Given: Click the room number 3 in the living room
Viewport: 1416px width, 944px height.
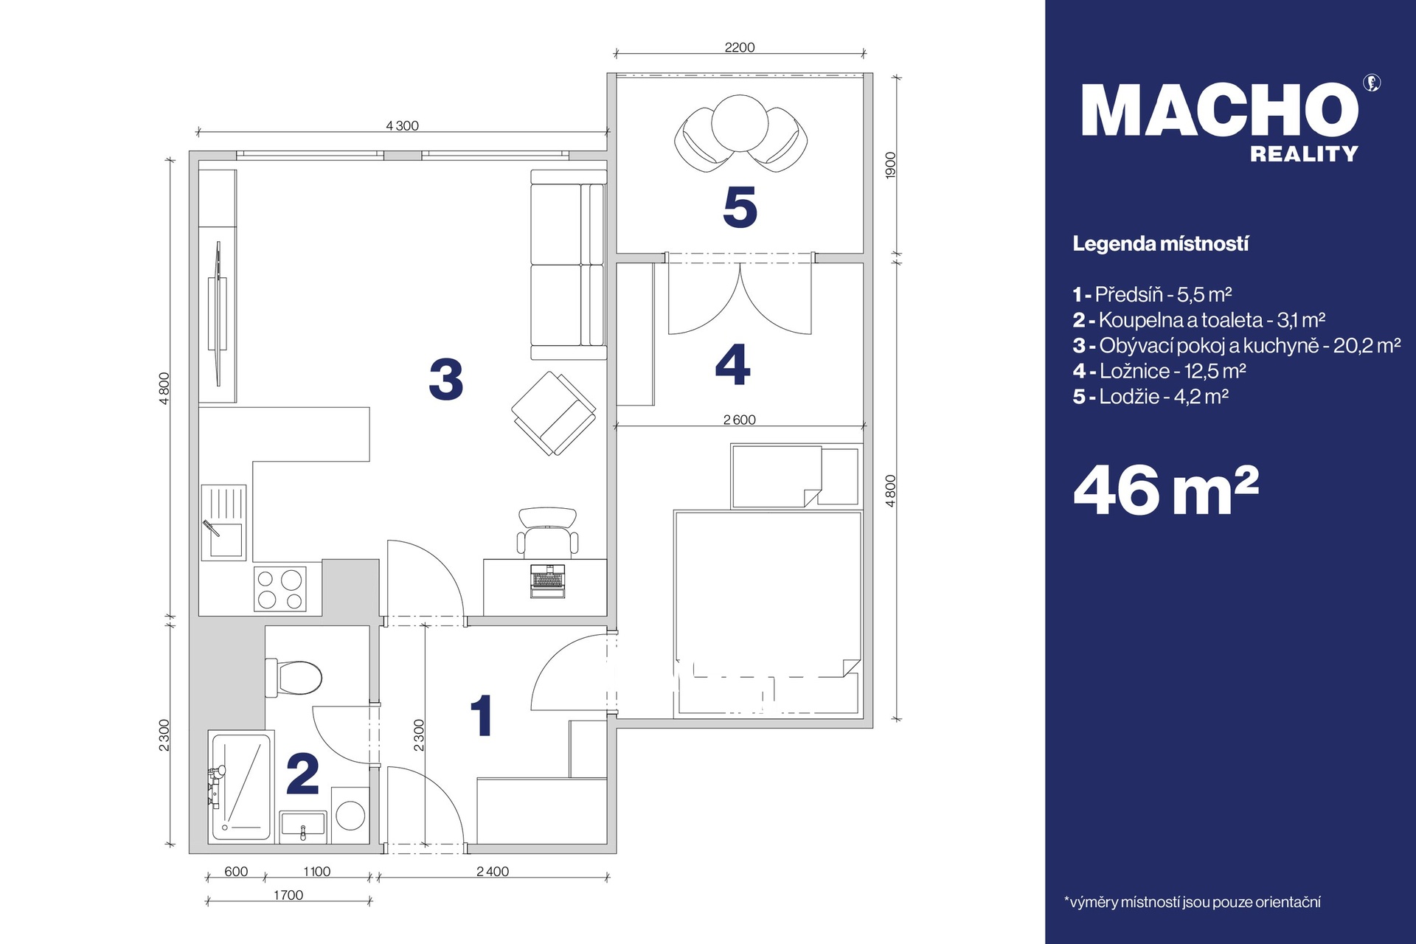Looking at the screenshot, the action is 446,380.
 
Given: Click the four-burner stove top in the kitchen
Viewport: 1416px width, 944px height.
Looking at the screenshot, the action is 280,589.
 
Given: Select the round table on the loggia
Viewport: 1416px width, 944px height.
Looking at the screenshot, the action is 740,123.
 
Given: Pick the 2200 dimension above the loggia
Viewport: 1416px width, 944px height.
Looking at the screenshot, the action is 740,47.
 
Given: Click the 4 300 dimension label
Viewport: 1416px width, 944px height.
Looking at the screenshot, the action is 402,126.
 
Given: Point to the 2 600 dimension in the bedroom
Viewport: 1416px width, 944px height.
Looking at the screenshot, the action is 740,420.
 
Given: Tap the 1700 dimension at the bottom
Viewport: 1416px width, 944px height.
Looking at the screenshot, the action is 288,895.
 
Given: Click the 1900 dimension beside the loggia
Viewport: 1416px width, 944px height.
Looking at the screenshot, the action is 890,164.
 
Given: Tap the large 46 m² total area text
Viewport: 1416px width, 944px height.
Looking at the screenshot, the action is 1166,490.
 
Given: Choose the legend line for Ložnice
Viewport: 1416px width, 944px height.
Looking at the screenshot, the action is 1159,371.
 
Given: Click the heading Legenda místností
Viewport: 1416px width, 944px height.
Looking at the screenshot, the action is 1160,244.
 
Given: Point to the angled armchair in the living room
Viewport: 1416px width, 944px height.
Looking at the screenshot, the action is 554,413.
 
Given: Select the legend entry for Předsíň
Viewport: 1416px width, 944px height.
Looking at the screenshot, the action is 1152,295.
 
